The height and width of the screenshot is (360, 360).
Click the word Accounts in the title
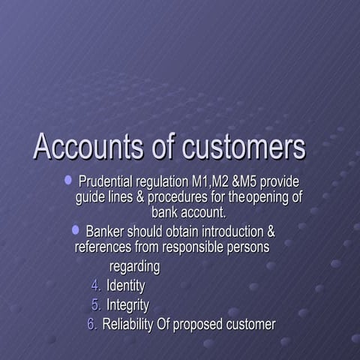[88, 146]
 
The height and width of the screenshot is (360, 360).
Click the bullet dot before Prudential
[68, 180]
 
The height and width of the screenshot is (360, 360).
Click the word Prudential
[106, 182]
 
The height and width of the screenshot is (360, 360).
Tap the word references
[103, 245]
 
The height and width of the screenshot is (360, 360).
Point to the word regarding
[135, 266]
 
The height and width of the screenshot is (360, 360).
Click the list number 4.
[95, 286]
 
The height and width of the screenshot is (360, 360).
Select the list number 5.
[95, 305]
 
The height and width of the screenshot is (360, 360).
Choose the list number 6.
[92, 325]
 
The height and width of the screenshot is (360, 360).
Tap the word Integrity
[127, 305]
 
